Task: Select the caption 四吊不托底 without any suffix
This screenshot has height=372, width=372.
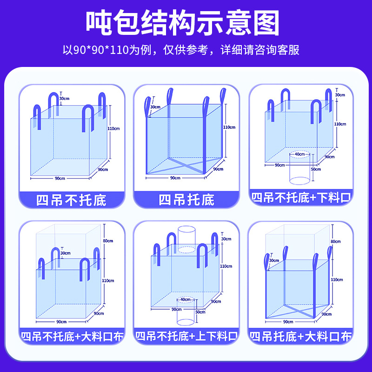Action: tap(71, 200)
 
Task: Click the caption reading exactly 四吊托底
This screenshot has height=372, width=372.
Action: tap(186, 200)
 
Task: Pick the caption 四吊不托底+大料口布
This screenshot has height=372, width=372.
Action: tap(71, 336)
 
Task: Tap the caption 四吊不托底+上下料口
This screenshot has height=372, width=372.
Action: tap(186, 336)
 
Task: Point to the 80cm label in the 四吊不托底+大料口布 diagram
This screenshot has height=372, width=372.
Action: tap(108, 241)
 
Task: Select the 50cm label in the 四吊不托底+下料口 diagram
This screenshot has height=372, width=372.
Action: tap(316, 169)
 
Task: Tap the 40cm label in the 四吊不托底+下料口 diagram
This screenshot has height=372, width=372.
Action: tap(299, 154)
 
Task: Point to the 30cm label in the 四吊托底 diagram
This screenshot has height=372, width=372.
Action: tap(155, 107)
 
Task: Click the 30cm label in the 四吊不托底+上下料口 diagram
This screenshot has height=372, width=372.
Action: tap(226, 239)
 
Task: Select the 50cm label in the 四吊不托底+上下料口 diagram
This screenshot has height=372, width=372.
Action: tap(200, 312)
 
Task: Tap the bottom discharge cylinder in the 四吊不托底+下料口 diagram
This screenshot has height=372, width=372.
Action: tap(299, 167)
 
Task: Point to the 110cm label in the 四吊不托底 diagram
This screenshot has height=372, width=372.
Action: tap(113, 128)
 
